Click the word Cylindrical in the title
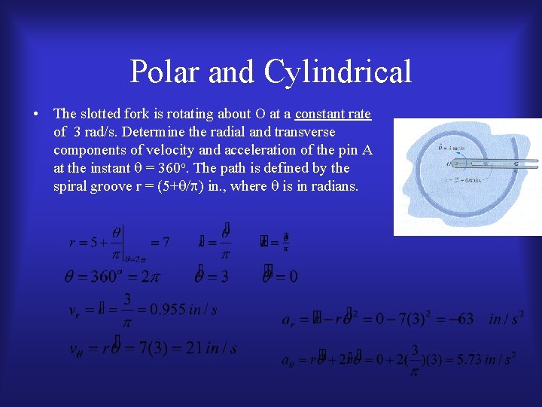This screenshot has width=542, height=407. click(x=338, y=72)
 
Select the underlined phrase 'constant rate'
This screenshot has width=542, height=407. click(x=333, y=114)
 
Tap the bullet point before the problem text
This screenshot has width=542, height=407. click(x=36, y=115)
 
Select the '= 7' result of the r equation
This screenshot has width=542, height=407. click(x=160, y=242)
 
